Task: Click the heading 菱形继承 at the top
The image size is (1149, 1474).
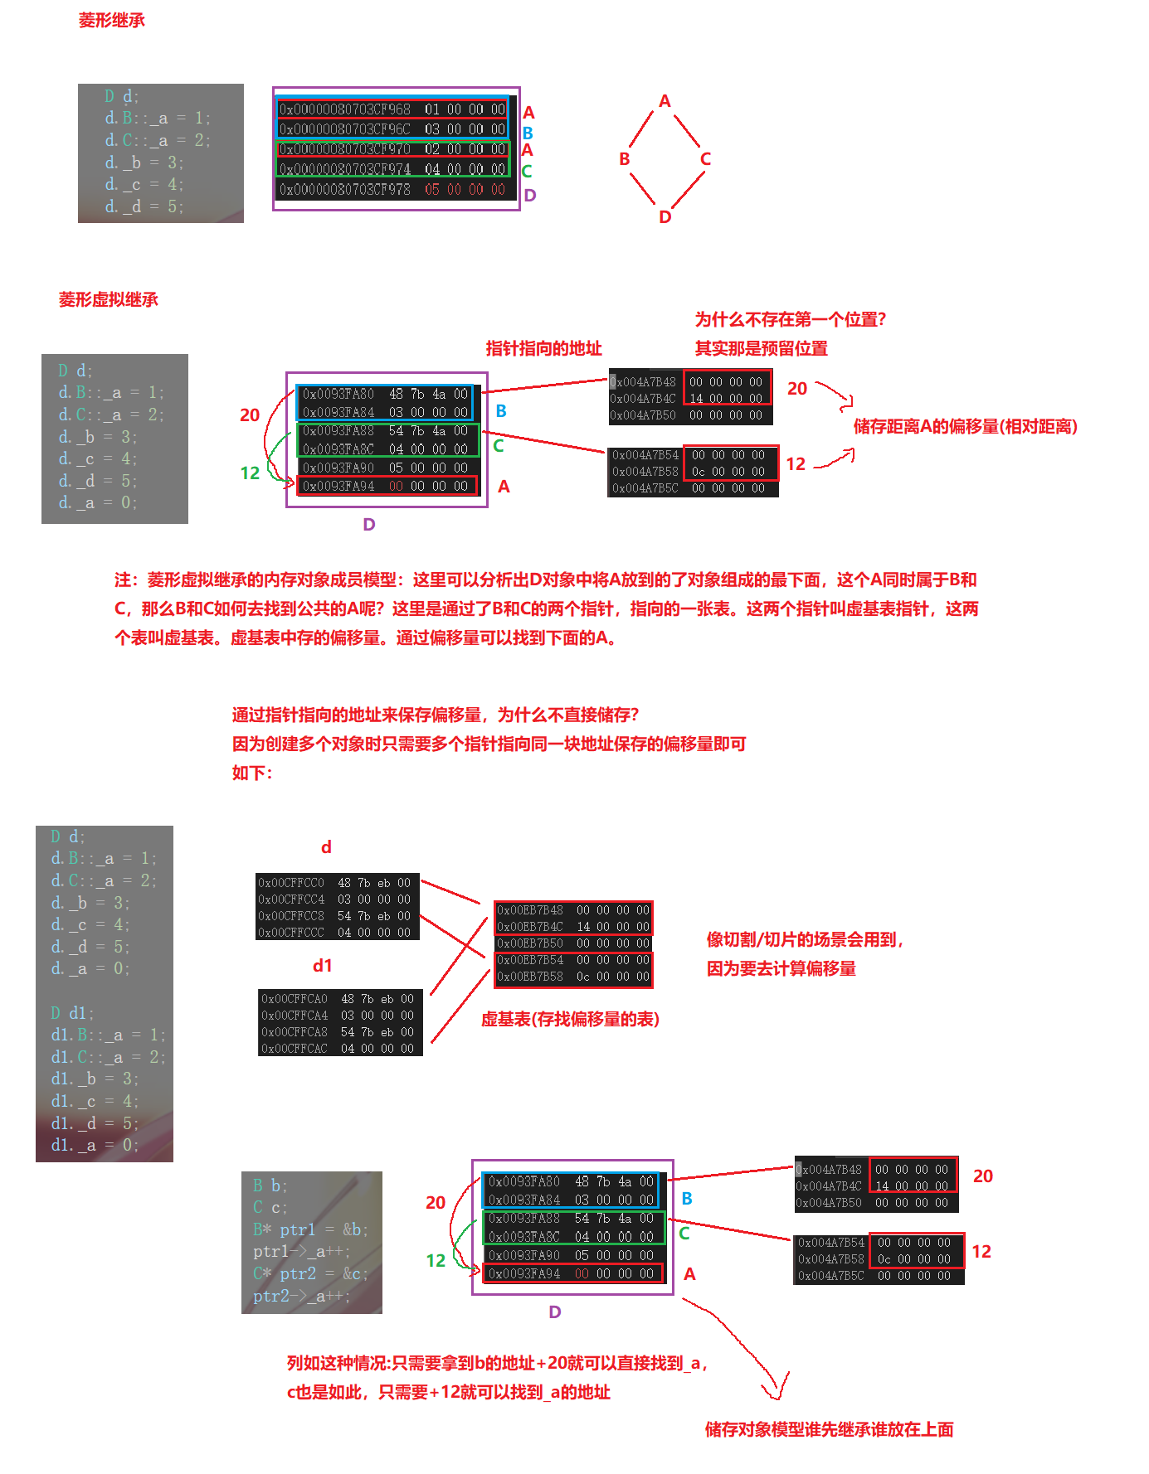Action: [111, 21]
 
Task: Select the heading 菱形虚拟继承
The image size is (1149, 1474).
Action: [108, 299]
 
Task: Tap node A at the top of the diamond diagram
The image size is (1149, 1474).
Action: [665, 101]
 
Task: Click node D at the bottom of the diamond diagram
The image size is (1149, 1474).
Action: [665, 217]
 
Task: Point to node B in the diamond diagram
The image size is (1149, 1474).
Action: [625, 159]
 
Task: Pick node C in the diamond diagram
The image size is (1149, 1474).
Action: [705, 159]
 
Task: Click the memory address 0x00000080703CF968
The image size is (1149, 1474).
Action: [345, 109]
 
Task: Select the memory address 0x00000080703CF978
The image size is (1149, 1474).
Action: [345, 190]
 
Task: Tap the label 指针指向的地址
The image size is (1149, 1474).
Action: [543, 348]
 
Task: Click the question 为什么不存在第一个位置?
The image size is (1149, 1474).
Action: [791, 319]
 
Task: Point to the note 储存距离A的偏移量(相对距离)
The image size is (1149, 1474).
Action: [965, 426]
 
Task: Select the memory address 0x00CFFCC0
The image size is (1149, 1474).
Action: [291, 883]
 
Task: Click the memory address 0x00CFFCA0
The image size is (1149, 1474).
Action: [295, 999]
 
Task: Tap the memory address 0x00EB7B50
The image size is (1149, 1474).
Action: [530, 943]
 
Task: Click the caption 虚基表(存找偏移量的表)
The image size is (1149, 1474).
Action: [570, 1019]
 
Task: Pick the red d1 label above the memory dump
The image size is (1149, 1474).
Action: [323, 966]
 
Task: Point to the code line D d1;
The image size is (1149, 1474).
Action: [72, 1013]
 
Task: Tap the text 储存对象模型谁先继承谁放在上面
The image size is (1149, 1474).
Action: [829, 1429]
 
